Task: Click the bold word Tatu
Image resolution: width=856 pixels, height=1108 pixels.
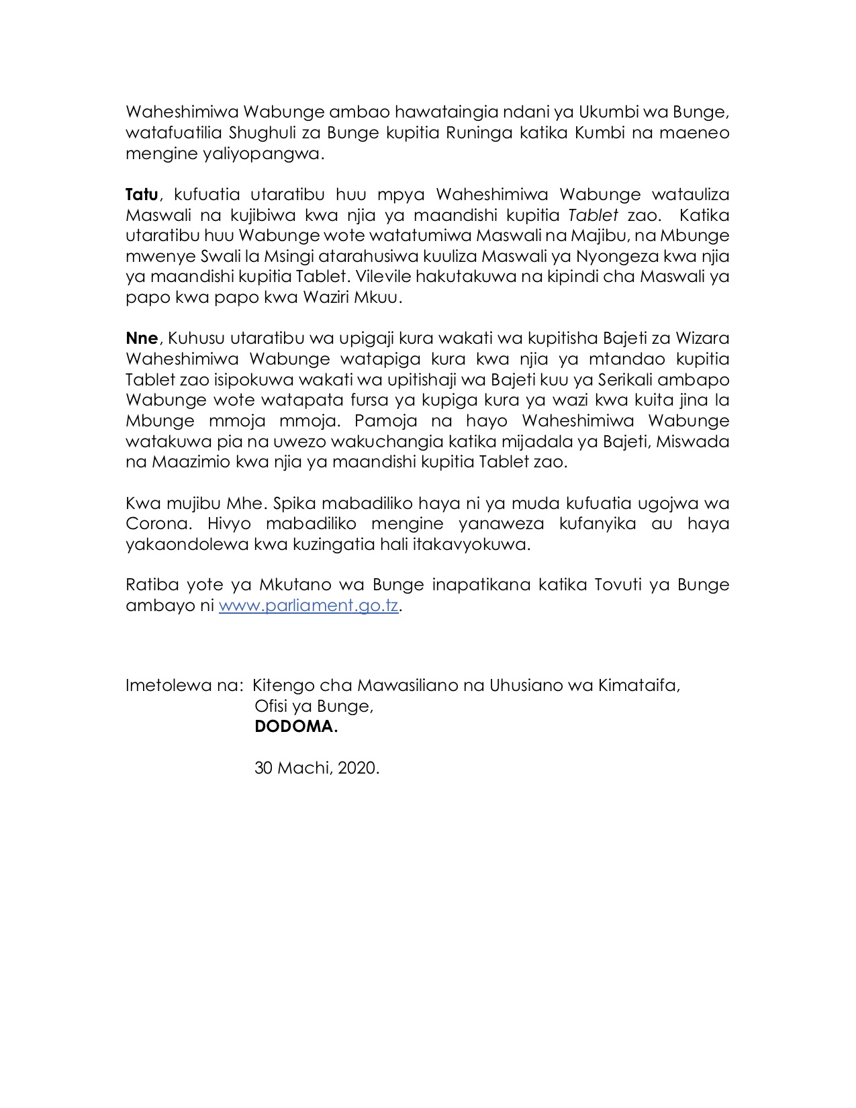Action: coord(142,195)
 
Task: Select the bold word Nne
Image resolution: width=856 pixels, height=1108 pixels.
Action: coord(141,338)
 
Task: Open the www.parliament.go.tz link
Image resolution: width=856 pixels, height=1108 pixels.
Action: coord(309,606)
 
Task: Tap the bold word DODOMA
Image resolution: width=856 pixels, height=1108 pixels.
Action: coord(295,727)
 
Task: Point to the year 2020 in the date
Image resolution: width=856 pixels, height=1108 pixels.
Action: coord(359,768)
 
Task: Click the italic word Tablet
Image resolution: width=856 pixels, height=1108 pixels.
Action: coord(593,216)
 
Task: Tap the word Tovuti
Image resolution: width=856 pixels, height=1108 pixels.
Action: coord(618,585)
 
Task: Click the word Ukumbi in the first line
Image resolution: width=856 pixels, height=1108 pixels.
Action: coord(607,112)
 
